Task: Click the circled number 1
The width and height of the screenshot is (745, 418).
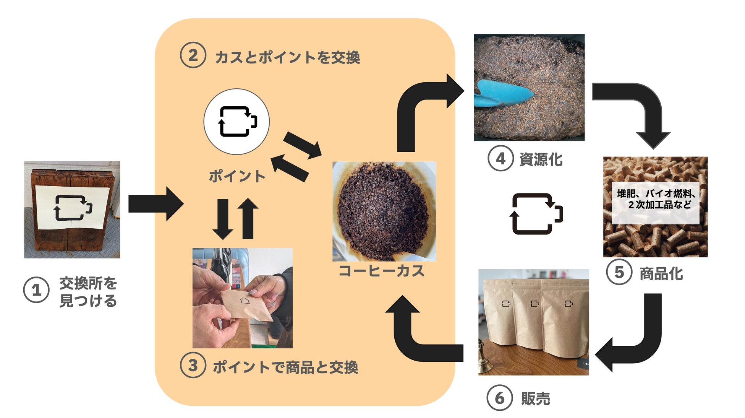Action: (36, 290)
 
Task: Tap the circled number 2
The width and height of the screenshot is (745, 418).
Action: (193, 55)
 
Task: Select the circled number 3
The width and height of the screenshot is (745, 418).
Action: (193, 365)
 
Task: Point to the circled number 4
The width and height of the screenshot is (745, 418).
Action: (500, 158)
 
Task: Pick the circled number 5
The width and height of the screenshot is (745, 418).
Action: (619, 272)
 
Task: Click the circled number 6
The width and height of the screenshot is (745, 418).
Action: (499, 398)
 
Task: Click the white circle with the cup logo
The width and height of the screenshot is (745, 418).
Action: (236, 122)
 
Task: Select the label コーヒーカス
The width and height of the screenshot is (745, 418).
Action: (381, 271)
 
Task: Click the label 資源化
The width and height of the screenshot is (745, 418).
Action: (541, 159)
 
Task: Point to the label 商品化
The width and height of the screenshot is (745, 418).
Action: (661, 273)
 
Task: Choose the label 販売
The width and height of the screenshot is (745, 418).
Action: (536, 398)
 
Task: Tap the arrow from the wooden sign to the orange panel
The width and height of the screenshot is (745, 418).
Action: (156, 204)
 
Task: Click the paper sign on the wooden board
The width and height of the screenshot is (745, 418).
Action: (73, 207)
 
